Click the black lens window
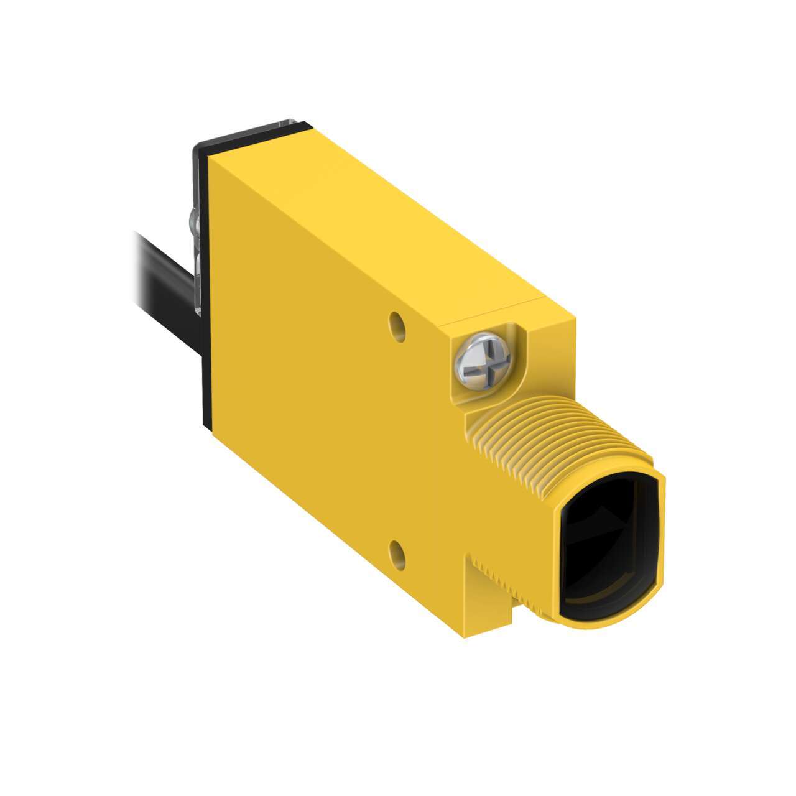coord(606,541)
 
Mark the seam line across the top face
coord(491,311)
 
